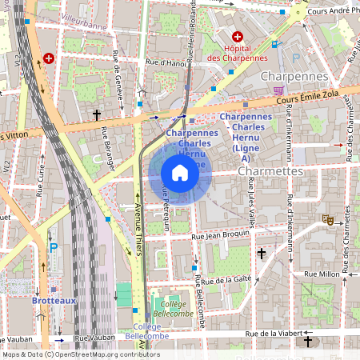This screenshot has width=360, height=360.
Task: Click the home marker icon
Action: [x=180, y=173]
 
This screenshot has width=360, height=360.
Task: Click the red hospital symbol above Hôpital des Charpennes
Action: [x=237, y=37]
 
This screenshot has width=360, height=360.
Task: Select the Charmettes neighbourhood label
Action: [x=270, y=171]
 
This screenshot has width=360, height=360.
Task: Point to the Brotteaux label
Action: [x=54, y=300]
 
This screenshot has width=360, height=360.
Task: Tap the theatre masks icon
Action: [x=326, y=218]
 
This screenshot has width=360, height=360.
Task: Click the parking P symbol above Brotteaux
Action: [x=53, y=247]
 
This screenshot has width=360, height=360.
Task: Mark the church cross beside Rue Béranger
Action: [x=97, y=114]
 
